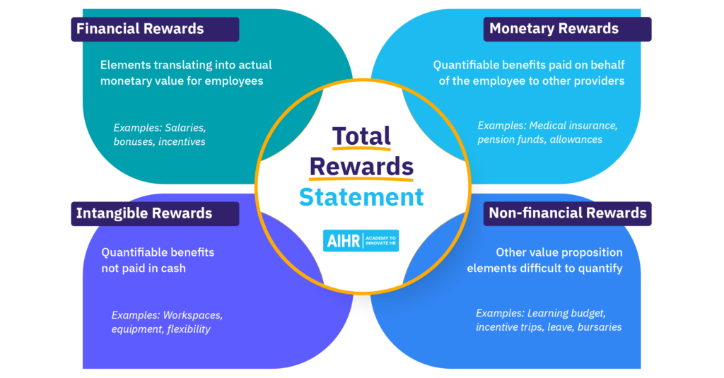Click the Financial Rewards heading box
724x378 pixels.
click(x=155, y=29)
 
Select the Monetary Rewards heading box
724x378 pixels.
click(x=568, y=29)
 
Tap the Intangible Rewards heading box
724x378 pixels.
click(x=155, y=213)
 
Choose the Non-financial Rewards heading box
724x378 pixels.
click(x=568, y=213)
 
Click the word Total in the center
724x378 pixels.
click(x=361, y=136)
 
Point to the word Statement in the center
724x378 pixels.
click(x=361, y=197)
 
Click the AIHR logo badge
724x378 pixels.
click(x=361, y=240)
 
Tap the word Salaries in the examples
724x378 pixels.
click(x=185, y=128)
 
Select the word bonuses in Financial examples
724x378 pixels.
click(x=134, y=142)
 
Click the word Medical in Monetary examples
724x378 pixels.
click(x=547, y=126)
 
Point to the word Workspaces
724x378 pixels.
click(x=192, y=315)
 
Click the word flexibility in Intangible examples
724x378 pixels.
click(x=189, y=329)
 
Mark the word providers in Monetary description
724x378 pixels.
click(x=602, y=81)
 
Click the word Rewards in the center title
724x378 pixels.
click(x=361, y=167)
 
